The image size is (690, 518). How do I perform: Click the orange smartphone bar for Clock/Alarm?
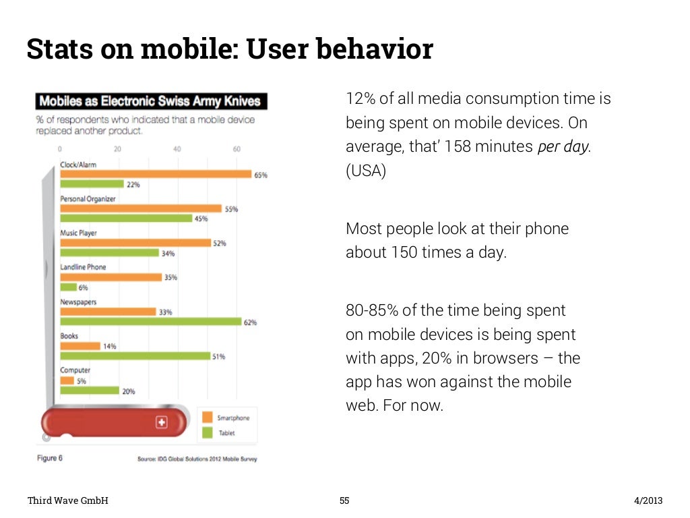tap(156, 174)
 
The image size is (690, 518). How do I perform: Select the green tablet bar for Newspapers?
tap(151, 322)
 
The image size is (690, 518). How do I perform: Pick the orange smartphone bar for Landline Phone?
tap(111, 277)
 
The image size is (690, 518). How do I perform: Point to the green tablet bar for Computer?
tap(90, 390)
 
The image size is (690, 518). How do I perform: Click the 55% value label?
tap(231, 209)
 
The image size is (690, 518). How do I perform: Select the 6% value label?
tap(84, 287)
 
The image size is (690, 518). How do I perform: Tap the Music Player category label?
tap(78, 233)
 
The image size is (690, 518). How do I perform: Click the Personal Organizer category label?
tap(88, 199)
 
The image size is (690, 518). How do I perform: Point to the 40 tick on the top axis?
tap(177, 149)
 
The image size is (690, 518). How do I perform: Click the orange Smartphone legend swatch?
tap(206, 418)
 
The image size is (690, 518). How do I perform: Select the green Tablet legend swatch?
tap(206, 433)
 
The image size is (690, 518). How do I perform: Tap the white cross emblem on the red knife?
tap(161, 422)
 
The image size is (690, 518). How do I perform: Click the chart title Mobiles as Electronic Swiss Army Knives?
tap(150, 102)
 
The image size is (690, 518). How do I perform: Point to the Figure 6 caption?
tap(49, 458)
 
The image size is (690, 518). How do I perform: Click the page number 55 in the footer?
tap(344, 500)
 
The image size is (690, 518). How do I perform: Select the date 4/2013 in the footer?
tap(648, 500)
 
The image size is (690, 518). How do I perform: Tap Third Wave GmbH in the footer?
tap(67, 500)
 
